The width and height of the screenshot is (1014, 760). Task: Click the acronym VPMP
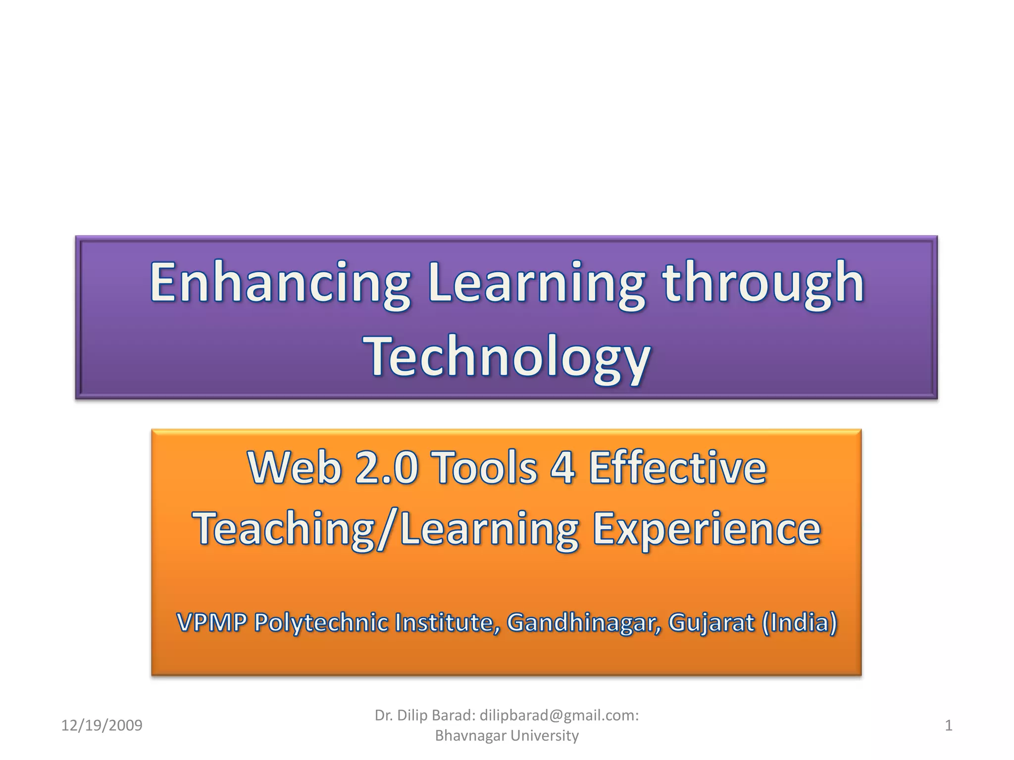(211, 622)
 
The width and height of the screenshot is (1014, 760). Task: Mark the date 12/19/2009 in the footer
(101, 725)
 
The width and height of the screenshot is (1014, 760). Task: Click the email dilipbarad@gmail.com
(559, 715)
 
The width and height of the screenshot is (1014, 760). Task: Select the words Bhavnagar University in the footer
(507, 736)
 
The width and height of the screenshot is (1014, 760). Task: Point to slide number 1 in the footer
(949, 725)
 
